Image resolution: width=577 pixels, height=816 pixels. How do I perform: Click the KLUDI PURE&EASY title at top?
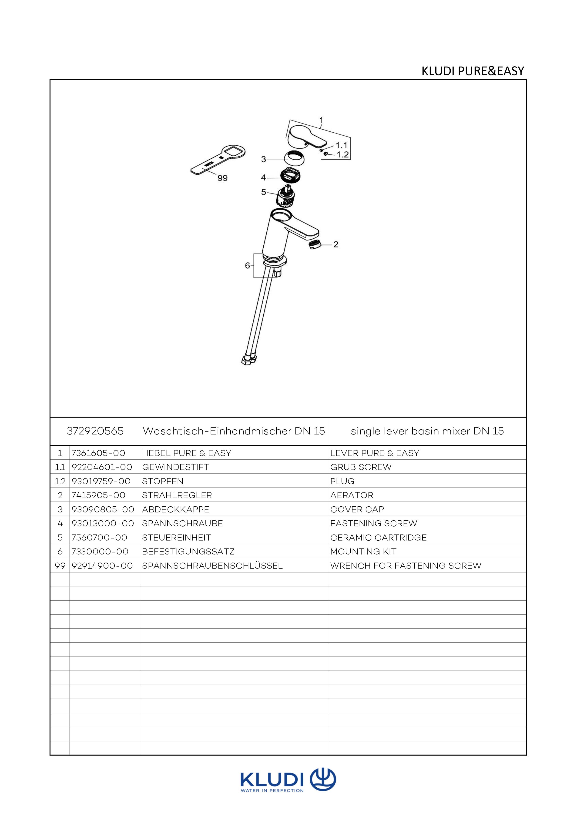pos(473,71)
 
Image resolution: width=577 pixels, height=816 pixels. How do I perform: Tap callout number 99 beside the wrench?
pos(223,178)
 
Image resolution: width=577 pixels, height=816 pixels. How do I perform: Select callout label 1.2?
pos(343,155)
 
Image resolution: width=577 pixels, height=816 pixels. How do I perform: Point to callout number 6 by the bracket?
pos(248,265)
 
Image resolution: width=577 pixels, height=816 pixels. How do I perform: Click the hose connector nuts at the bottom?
pos(248,360)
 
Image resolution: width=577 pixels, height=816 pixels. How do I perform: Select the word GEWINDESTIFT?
pos(175,467)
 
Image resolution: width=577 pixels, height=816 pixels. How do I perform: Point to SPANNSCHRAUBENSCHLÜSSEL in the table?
pos(212,565)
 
